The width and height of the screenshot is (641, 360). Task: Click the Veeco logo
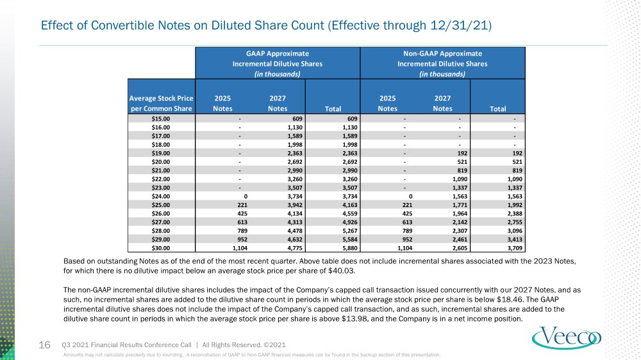[x=566, y=338]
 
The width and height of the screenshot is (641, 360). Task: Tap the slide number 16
[x=45, y=345]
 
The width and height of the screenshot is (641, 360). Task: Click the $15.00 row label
[x=161, y=119]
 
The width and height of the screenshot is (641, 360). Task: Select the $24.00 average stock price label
[x=161, y=196]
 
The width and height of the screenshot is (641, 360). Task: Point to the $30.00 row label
[x=161, y=248]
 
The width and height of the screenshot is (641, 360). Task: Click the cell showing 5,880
[x=349, y=248]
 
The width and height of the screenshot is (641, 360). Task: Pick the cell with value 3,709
[x=515, y=248]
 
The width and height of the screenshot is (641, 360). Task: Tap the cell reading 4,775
[x=295, y=248]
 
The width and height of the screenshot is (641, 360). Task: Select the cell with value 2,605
[x=460, y=248]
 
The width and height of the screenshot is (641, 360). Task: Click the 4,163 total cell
[x=349, y=205]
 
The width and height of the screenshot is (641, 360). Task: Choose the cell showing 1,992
[x=515, y=205]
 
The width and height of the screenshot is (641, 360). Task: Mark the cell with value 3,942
[x=295, y=205]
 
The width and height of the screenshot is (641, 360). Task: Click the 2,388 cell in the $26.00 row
[x=515, y=214]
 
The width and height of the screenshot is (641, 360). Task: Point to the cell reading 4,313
[x=295, y=222]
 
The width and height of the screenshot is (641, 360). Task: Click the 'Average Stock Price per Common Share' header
[x=161, y=103]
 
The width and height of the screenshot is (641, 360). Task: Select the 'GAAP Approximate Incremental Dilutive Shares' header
[x=278, y=64]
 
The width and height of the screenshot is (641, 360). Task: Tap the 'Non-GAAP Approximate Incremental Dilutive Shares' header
[x=442, y=64]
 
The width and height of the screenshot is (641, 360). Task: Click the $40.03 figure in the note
[x=342, y=271]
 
